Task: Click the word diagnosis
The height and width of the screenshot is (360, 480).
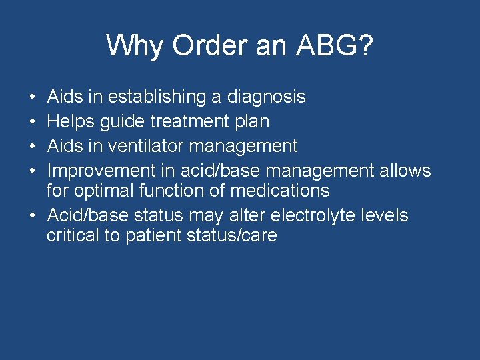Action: [x=266, y=97]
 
